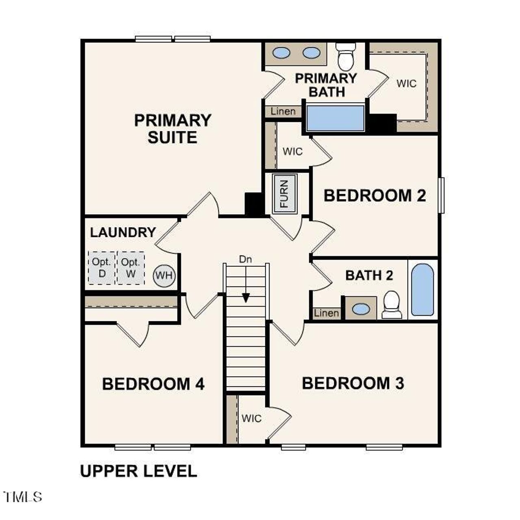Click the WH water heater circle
[164, 276]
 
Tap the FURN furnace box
[285, 193]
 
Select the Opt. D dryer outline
[102, 268]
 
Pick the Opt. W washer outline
[131, 268]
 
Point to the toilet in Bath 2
[392, 304]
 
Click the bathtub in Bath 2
[422, 289]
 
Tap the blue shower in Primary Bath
[335, 118]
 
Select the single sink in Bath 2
[361, 309]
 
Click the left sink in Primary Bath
[281, 53]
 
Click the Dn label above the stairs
[245, 260]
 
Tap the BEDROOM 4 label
[153, 384]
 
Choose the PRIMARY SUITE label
[173, 129]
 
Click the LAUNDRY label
[123, 232]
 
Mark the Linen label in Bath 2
[327, 313]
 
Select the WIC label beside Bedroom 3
[252, 418]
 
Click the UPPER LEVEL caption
[139, 471]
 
